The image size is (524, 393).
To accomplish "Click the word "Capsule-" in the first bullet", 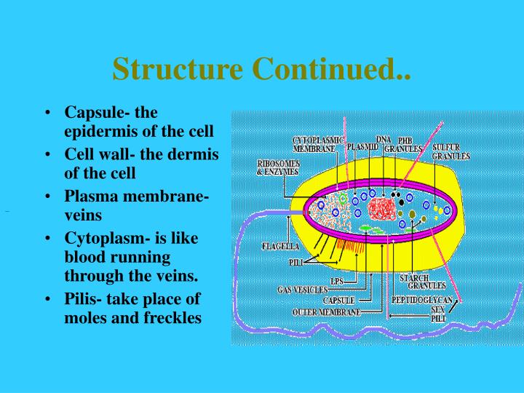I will click(96, 114).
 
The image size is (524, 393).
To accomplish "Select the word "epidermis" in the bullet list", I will click(100, 132).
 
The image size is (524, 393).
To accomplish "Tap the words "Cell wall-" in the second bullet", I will click(98, 156).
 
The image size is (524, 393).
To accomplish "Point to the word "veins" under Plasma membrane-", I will click(84, 215).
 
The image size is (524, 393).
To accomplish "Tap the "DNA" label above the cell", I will click(384, 139).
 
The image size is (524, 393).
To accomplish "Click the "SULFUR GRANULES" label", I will click(450, 151).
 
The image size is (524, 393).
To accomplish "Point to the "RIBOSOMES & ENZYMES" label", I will click(277, 168).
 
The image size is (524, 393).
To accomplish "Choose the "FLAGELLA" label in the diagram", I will click(280, 246).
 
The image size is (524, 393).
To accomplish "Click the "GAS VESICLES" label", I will click(302, 290).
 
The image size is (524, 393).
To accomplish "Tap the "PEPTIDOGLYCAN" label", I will click(422, 300).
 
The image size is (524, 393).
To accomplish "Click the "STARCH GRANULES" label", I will click(418, 282).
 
